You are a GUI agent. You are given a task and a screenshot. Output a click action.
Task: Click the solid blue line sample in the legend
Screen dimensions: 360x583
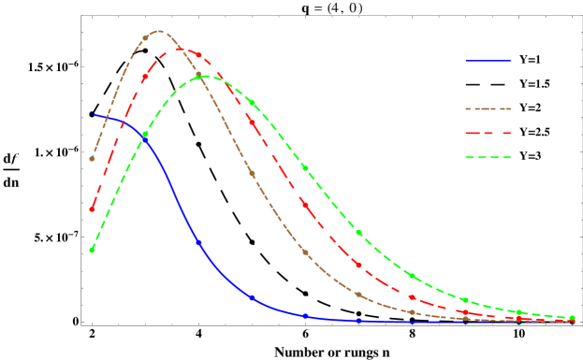click(488, 61)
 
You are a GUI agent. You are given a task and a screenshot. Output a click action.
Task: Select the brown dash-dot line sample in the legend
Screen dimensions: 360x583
click(488, 108)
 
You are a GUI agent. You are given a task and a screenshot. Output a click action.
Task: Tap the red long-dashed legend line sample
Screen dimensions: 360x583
click(488, 133)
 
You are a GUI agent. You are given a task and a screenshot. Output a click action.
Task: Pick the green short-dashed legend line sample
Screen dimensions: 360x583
click(488, 157)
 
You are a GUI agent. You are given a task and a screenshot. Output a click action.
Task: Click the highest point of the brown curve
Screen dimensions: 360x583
click(161, 31)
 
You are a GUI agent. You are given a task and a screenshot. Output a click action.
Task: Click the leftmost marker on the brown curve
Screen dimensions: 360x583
click(92, 159)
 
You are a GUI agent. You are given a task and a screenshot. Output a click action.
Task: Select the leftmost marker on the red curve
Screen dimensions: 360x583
click(92, 209)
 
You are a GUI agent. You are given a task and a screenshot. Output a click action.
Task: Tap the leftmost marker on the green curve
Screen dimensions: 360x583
click(92, 250)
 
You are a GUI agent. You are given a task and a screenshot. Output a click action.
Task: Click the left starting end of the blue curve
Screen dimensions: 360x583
click(91, 113)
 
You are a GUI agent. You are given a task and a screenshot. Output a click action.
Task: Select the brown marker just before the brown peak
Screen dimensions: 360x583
click(145, 38)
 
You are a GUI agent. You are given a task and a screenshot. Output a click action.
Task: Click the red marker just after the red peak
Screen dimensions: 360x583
click(198, 55)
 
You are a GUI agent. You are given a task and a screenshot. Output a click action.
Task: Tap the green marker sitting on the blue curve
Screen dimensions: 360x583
click(145, 135)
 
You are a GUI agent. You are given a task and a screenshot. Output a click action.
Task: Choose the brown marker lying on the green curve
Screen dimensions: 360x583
click(198, 75)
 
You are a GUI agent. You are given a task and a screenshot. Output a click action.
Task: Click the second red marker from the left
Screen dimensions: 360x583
click(145, 78)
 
